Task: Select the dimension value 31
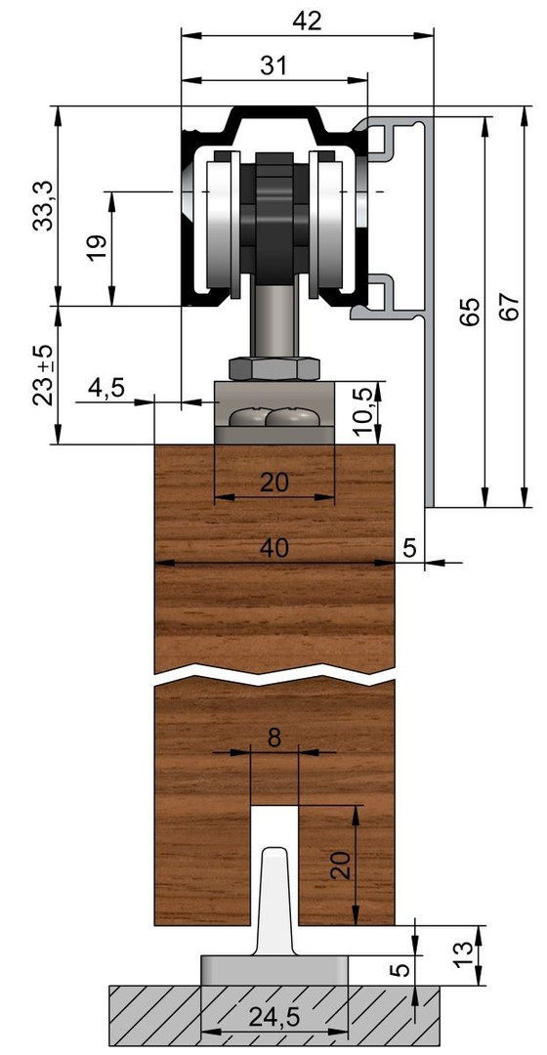pyautogui.click(x=273, y=65)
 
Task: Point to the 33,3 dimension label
pyautogui.click(x=44, y=206)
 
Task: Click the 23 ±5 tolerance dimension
pyautogui.click(x=44, y=375)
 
